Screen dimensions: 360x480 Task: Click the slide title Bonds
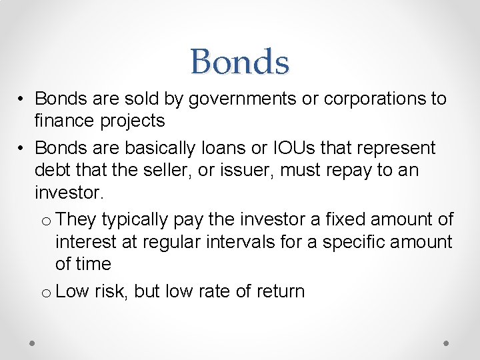tap(239, 62)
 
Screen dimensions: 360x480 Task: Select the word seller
tap(175, 171)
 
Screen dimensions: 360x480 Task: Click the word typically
tap(137, 219)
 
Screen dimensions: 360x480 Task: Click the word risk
tap(111, 291)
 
